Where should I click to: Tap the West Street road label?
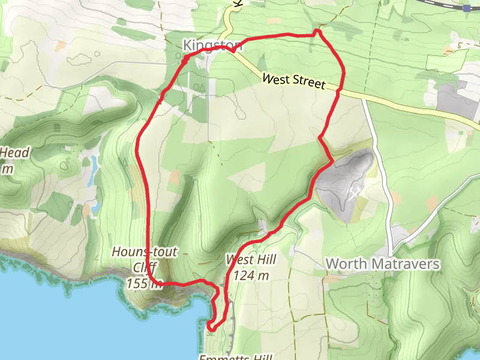tap(293, 82)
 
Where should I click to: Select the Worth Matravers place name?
tap(383, 264)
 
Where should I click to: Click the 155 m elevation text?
tap(145, 283)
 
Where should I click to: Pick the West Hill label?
tap(251, 260)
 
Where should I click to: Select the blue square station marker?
tap(467, 8)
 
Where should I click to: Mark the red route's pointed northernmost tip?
tap(318, 30)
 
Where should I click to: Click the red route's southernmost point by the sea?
tap(209, 326)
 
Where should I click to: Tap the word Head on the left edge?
tap(14, 153)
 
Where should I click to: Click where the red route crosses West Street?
tap(339, 91)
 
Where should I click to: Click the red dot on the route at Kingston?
tap(185, 58)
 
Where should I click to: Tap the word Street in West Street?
tap(309, 84)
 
